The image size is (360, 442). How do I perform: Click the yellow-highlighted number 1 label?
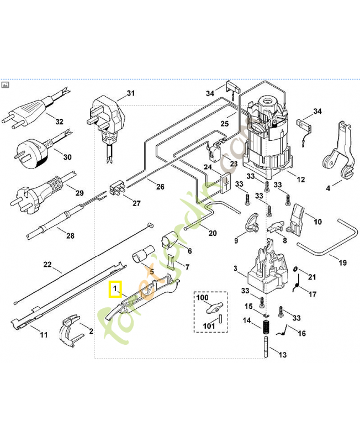pos(115,288)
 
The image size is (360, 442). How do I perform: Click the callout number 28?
pos(70,236)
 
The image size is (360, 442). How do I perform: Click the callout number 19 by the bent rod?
pos(342,263)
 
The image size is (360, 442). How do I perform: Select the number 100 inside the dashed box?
pos(203,298)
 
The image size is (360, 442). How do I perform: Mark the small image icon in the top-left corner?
pos(6,85)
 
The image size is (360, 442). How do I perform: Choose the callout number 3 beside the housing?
pos(236,269)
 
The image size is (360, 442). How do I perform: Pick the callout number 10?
pos(318,222)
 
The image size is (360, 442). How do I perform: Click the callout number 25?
pos(224,124)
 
